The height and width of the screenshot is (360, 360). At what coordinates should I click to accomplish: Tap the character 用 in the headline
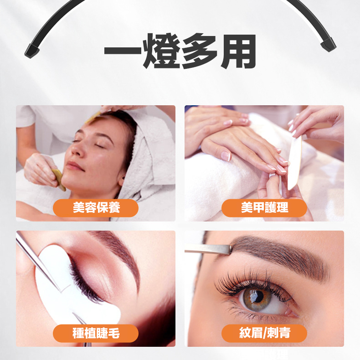[238, 51]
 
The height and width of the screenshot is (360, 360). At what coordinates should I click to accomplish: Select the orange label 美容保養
[96, 208]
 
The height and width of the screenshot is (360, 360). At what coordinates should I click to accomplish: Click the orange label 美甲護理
[264, 208]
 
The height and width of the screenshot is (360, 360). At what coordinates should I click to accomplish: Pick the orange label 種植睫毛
[96, 334]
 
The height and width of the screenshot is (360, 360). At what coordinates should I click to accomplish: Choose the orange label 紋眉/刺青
[264, 334]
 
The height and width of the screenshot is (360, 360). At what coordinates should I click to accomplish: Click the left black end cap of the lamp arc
[32, 51]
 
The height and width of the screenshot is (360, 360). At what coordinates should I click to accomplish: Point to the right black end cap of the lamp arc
[328, 44]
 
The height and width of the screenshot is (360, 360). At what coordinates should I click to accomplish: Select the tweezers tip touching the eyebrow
[230, 250]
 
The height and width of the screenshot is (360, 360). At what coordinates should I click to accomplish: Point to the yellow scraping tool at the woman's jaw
[59, 180]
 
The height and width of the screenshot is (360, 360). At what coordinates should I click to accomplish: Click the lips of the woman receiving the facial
[75, 166]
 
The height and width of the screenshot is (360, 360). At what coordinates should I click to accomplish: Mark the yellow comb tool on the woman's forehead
[93, 117]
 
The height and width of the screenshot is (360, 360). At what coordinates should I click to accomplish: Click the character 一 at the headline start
[123, 51]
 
